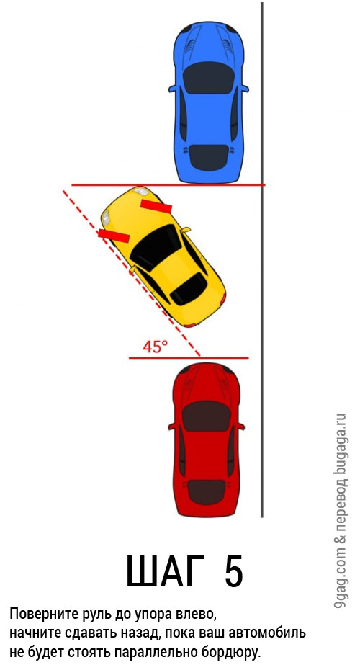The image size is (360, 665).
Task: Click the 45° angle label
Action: [x=155, y=347]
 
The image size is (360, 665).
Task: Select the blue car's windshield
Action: [x=209, y=78]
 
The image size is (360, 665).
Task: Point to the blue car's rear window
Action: [x=209, y=157]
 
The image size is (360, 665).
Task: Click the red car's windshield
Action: [x=207, y=416]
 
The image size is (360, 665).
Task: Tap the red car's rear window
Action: [x=206, y=493]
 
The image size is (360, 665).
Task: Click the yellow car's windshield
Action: [x=156, y=248]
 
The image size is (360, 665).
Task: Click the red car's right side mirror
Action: [x=241, y=426]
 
